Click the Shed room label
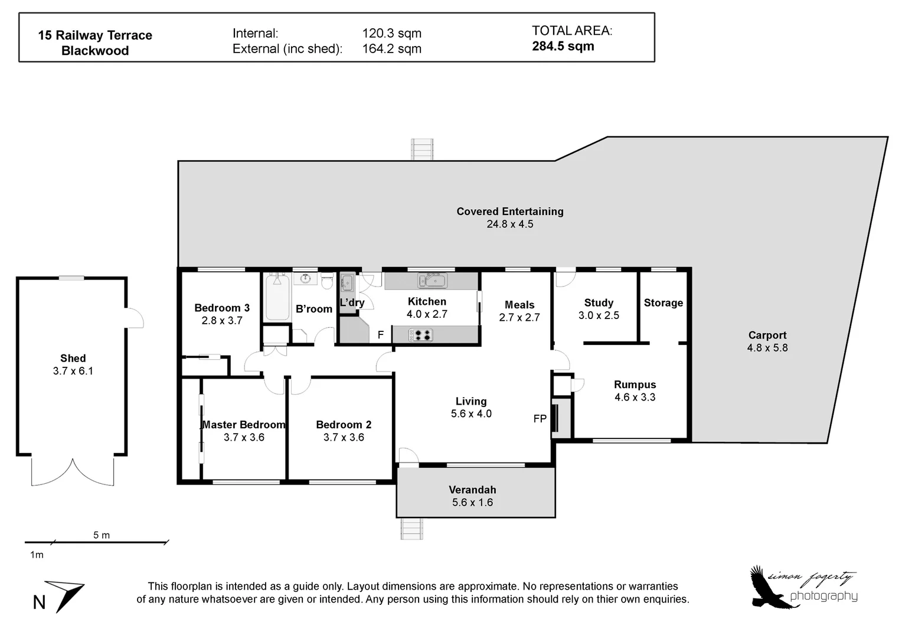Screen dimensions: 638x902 pyautogui.click(x=73, y=358)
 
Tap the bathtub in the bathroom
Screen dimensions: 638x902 pyautogui.click(x=277, y=297)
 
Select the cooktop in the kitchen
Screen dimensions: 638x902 pyautogui.click(x=421, y=335)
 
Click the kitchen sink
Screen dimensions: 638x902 pyautogui.click(x=432, y=280)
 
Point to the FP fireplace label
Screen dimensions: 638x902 pyautogui.click(x=540, y=419)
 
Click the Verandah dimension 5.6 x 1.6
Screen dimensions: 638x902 pyautogui.click(x=472, y=503)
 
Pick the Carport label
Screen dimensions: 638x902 pyautogui.click(x=767, y=335)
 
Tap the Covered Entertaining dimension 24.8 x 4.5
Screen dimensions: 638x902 pyautogui.click(x=509, y=224)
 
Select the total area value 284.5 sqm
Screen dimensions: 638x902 pyautogui.click(x=563, y=47)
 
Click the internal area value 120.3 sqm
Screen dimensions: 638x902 pyautogui.click(x=391, y=34)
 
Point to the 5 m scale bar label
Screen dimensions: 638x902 pyautogui.click(x=101, y=535)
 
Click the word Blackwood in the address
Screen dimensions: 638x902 pyautogui.click(x=95, y=51)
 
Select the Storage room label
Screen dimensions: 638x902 pyautogui.click(x=663, y=303)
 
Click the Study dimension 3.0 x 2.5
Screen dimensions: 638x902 pyautogui.click(x=599, y=315)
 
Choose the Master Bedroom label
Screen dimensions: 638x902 pyautogui.click(x=244, y=425)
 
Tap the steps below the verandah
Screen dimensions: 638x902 pyautogui.click(x=411, y=528)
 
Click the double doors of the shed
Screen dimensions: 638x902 pyautogui.click(x=72, y=473)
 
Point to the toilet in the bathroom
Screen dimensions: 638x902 pyautogui.click(x=327, y=281)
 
